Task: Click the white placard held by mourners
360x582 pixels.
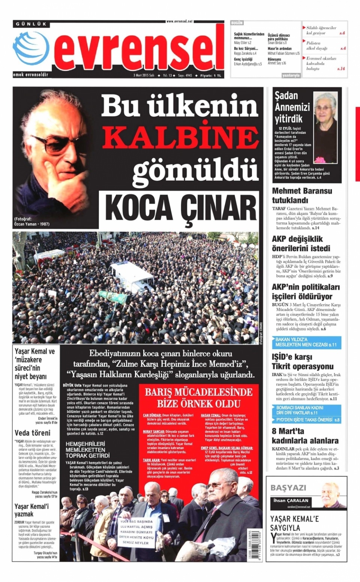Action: pyautogui.click(x=136, y=532)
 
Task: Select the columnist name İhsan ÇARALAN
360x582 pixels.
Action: pyautogui.click(x=291, y=500)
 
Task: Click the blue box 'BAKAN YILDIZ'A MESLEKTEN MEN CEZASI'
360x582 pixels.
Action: pyautogui.click(x=306, y=342)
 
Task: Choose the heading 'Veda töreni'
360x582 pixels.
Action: pyautogui.click(x=32, y=433)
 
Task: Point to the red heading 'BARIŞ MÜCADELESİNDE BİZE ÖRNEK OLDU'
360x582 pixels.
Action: pyautogui.click(x=199, y=397)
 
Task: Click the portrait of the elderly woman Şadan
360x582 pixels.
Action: pyautogui.click(x=325, y=127)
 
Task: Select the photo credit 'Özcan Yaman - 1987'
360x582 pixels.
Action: pyautogui.click(x=32, y=224)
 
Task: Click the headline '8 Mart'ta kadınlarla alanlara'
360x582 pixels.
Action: pyautogui.click(x=305, y=436)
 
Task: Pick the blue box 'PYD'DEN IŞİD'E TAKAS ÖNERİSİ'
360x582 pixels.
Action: pyautogui.click(x=306, y=420)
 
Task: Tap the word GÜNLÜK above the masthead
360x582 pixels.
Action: pyautogui.click(x=31, y=24)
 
